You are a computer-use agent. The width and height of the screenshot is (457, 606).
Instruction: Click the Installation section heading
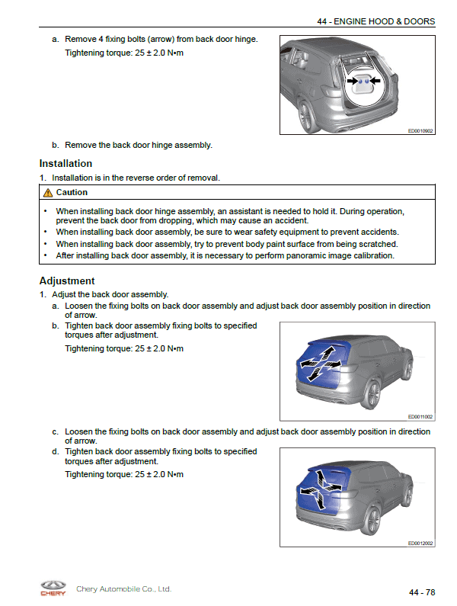(x=66, y=163)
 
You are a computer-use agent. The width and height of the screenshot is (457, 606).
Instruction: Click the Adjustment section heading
(x=67, y=281)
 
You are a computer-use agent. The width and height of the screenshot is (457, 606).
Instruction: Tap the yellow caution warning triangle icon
(x=48, y=192)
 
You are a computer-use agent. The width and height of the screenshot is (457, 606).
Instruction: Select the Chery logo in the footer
(x=53, y=588)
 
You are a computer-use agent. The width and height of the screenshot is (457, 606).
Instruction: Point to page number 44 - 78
(x=422, y=592)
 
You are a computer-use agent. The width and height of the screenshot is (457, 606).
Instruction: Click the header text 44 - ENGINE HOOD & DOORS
(x=376, y=21)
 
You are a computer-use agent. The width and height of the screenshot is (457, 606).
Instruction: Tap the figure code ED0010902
(x=420, y=131)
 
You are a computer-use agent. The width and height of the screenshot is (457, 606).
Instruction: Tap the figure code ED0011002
(x=420, y=417)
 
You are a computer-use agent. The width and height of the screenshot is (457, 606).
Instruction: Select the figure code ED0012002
(x=420, y=543)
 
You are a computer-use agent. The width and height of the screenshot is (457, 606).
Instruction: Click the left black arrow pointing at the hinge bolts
(x=352, y=81)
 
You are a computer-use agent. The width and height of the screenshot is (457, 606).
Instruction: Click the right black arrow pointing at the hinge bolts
(x=375, y=81)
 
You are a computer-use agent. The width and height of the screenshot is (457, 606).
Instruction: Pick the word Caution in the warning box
(x=72, y=192)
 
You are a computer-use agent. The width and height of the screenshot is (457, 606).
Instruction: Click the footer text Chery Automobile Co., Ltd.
(x=123, y=589)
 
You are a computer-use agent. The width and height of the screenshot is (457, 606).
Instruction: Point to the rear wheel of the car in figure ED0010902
(x=308, y=116)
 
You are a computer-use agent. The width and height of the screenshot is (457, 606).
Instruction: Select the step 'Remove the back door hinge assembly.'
(x=139, y=145)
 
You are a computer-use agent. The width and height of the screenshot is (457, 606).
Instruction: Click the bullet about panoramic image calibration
(x=225, y=255)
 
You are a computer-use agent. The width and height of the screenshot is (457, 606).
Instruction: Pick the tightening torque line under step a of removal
(x=124, y=53)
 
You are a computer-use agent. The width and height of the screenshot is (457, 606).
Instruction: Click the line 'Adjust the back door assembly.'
(x=110, y=294)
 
